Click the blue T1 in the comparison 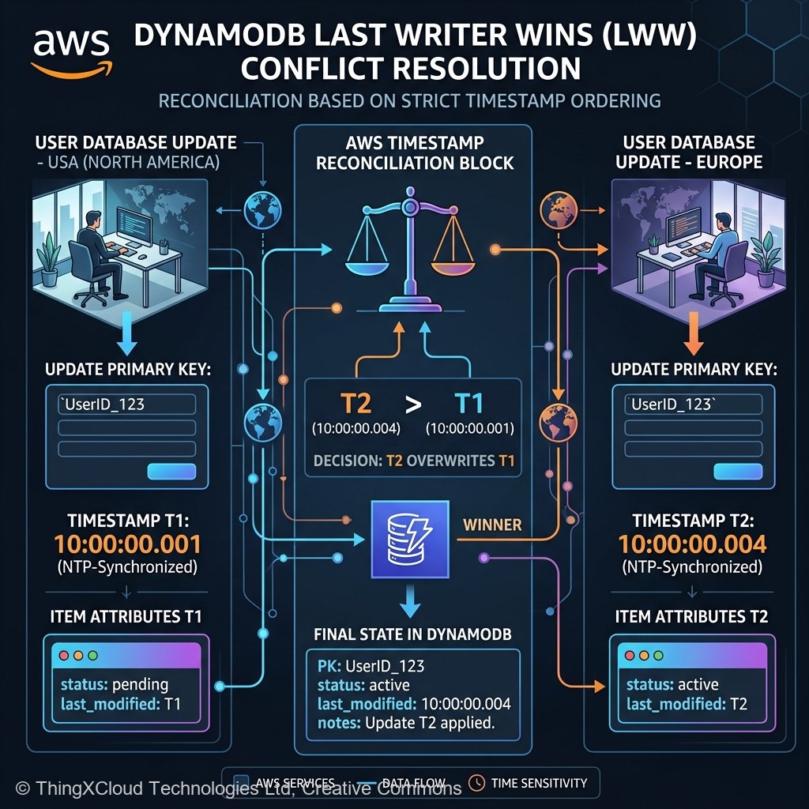click(x=469, y=404)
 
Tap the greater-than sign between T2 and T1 click(x=412, y=404)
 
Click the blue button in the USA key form click(x=171, y=472)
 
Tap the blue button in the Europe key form click(x=737, y=472)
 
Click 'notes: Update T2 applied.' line click(x=406, y=723)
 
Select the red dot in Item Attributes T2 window click(x=630, y=657)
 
